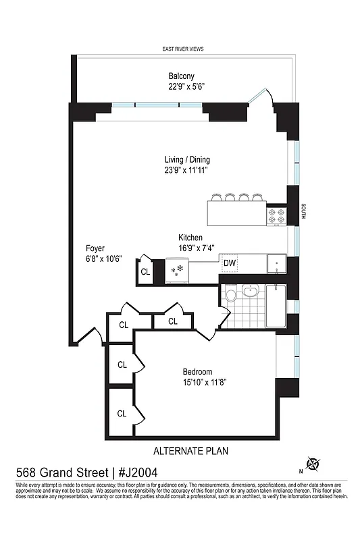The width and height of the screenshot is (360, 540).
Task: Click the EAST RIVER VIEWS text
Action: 183,49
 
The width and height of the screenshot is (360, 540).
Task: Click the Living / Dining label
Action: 187,160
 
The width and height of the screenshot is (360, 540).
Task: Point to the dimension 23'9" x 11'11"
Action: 187,171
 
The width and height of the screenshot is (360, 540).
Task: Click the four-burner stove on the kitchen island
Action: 277,216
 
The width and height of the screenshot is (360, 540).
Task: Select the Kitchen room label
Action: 190,238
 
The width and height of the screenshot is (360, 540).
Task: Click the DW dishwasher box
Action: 230,263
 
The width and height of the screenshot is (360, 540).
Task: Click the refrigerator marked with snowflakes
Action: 179,271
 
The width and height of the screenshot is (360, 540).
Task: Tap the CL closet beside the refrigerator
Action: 145,272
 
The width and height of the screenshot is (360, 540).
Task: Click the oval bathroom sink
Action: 251,292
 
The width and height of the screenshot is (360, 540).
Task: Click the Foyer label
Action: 95,248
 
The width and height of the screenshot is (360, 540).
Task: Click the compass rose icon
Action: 313,464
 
